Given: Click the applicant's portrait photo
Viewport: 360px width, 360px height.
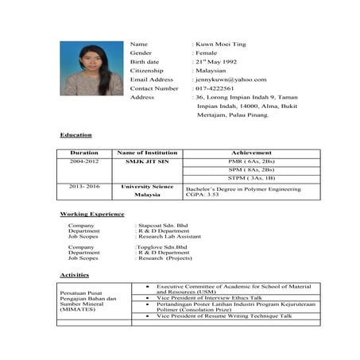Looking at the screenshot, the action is pyautogui.click(x=91, y=69).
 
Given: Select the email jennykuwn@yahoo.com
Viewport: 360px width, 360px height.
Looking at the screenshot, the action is pyautogui.click(x=231, y=79).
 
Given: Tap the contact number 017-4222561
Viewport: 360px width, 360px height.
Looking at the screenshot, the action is pyautogui.click(x=216, y=88).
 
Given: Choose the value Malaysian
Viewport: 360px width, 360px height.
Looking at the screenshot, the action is pyautogui.click(x=215, y=71).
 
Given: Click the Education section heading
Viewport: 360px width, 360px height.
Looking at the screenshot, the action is pyautogui.click(x=76, y=134).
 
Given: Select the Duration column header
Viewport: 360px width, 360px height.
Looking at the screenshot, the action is pyautogui.click(x=84, y=153).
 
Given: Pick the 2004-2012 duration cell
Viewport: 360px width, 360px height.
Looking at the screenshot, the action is pyautogui.click(x=84, y=161).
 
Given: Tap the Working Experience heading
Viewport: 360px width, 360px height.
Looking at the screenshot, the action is pyautogui.click(x=92, y=215).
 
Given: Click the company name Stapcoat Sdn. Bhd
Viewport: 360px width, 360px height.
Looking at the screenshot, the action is pyautogui.click(x=165, y=226).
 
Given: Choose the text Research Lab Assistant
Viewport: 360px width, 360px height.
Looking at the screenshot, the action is pyautogui.click(x=170, y=237).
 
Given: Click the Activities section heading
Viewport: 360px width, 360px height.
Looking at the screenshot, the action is pyautogui.click(x=75, y=274).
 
